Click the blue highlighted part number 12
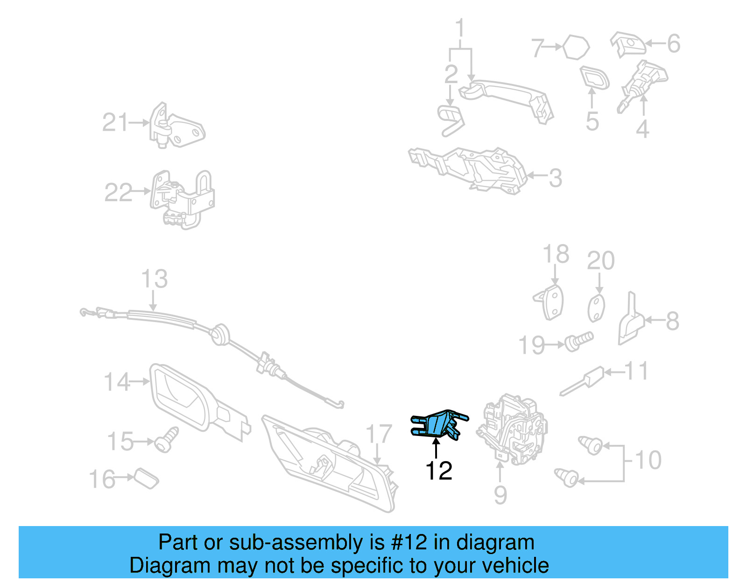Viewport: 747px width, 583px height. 438,425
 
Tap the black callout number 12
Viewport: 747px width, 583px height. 439,471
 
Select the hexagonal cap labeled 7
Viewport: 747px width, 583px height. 576,47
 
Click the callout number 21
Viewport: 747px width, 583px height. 115,122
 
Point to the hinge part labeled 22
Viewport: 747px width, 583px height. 182,199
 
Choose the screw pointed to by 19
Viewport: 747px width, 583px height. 579,341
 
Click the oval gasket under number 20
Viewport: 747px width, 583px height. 596,308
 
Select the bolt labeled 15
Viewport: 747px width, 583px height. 166,439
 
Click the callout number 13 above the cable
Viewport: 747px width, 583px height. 155,279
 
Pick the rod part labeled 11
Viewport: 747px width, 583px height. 582,381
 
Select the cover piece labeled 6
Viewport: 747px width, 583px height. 628,44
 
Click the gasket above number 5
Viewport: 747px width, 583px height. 594,78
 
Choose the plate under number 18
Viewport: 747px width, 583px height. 549,302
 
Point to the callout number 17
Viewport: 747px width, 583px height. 379,434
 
